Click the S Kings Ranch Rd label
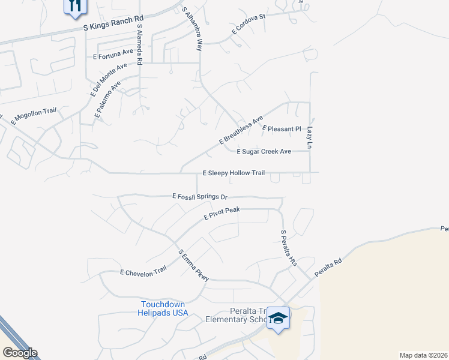[x=113, y=23]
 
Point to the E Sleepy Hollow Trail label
[x=234, y=173]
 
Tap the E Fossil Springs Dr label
[x=200, y=196]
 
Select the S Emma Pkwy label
[x=193, y=265]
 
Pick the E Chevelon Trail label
[x=143, y=272]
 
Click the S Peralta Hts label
[x=289, y=248]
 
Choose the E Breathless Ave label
[x=241, y=130]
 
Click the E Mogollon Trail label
[x=33, y=116]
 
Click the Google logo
[x=20, y=353]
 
